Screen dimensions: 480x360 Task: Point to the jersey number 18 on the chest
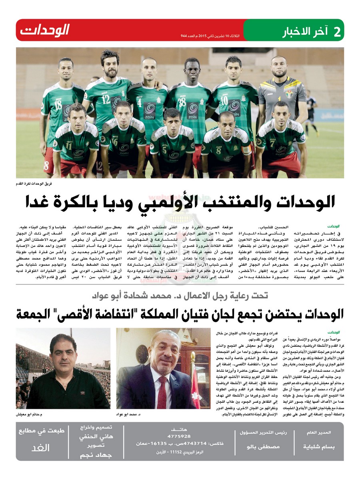click(x=58, y=104)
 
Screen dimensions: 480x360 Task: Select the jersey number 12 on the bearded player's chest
click(x=106, y=100)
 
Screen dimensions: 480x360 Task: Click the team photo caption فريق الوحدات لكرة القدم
click(x=35, y=183)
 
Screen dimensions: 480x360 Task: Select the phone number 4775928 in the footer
click(x=179, y=436)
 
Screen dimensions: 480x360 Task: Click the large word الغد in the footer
click(x=40, y=448)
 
